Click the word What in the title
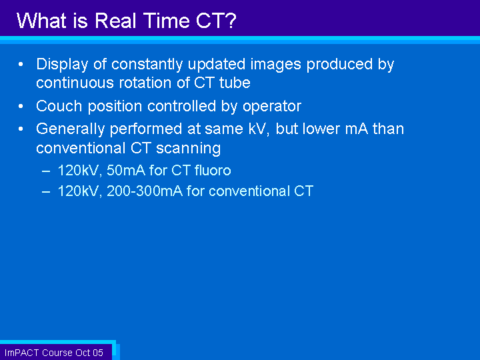click(x=41, y=21)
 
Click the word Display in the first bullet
click(x=62, y=65)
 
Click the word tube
click(x=235, y=83)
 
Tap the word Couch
click(x=59, y=106)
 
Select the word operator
click(x=272, y=107)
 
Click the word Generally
click(x=71, y=129)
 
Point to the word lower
click(x=321, y=129)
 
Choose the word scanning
click(x=188, y=149)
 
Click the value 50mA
click(x=126, y=171)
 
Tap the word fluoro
click(x=213, y=170)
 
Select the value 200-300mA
click(x=145, y=191)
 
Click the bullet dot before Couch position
click(x=21, y=106)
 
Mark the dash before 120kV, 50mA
click(x=46, y=171)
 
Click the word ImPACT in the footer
click(x=22, y=353)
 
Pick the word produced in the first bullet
click(x=339, y=65)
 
